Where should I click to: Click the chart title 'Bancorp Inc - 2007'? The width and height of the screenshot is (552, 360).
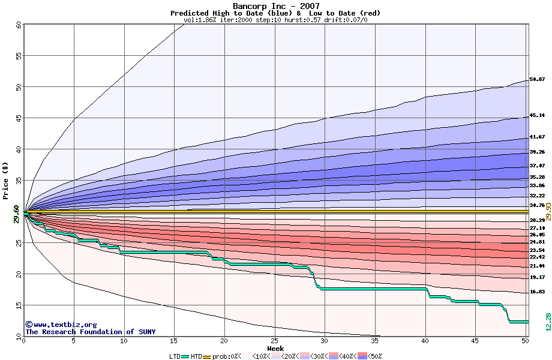(x=275, y=6)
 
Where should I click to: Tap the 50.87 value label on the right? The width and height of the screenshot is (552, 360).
(x=537, y=79)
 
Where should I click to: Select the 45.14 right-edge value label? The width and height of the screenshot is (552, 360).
(x=537, y=115)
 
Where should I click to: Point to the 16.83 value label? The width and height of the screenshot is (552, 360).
(x=537, y=292)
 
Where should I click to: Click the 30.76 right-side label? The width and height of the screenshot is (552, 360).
(x=537, y=205)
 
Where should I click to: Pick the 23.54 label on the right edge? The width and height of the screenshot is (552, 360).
(x=537, y=250)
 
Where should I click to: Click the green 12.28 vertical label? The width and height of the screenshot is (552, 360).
(x=547, y=321)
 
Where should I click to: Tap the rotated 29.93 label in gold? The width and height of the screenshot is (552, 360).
(x=547, y=211)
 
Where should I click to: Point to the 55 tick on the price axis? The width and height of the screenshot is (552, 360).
(x=19, y=55)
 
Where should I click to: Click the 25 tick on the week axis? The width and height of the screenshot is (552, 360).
(x=274, y=341)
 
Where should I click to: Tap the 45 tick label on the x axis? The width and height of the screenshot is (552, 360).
(x=475, y=341)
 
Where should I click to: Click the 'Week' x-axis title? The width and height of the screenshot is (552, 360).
(x=275, y=348)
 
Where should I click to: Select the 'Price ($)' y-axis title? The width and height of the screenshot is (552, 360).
(x=6, y=180)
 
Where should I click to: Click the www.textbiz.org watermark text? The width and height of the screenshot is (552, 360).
(x=61, y=325)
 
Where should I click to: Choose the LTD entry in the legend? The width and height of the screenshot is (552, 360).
(x=175, y=356)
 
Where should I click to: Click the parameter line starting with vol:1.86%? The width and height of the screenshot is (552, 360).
(x=275, y=20)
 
